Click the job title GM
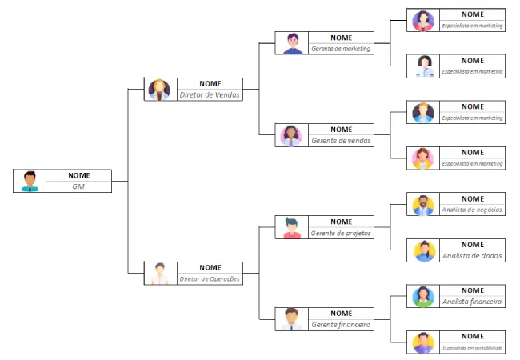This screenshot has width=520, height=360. (x=78, y=186)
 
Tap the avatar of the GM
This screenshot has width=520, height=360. (x=30, y=181)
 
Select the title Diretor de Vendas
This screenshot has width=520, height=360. (x=210, y=94)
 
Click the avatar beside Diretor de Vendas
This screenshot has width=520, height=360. (x=159, y=89)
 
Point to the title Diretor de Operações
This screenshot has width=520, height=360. (x=210, y=278)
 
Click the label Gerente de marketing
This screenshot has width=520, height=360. (x=341, y=49)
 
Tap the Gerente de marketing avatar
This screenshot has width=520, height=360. (x=291, y=43)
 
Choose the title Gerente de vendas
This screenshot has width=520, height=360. (x=341, y=141)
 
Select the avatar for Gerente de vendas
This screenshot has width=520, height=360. (x=291, y=135)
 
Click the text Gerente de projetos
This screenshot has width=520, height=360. (x=341, y=233)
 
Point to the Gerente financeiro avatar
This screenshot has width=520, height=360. (x=291, y=318)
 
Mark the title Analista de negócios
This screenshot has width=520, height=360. (x=472, y=210)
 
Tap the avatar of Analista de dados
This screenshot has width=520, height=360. (x=422, y=250)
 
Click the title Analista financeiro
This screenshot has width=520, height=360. (x=472, y=302)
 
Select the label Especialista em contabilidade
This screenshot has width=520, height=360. (x=472, y=348)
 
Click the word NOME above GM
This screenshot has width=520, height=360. (x=78, y=175)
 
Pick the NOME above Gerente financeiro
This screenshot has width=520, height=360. (x=341, y=313)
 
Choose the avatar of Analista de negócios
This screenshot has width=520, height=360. (x=422, y=205)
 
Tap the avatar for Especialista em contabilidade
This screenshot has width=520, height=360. (x=422, y=342)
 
